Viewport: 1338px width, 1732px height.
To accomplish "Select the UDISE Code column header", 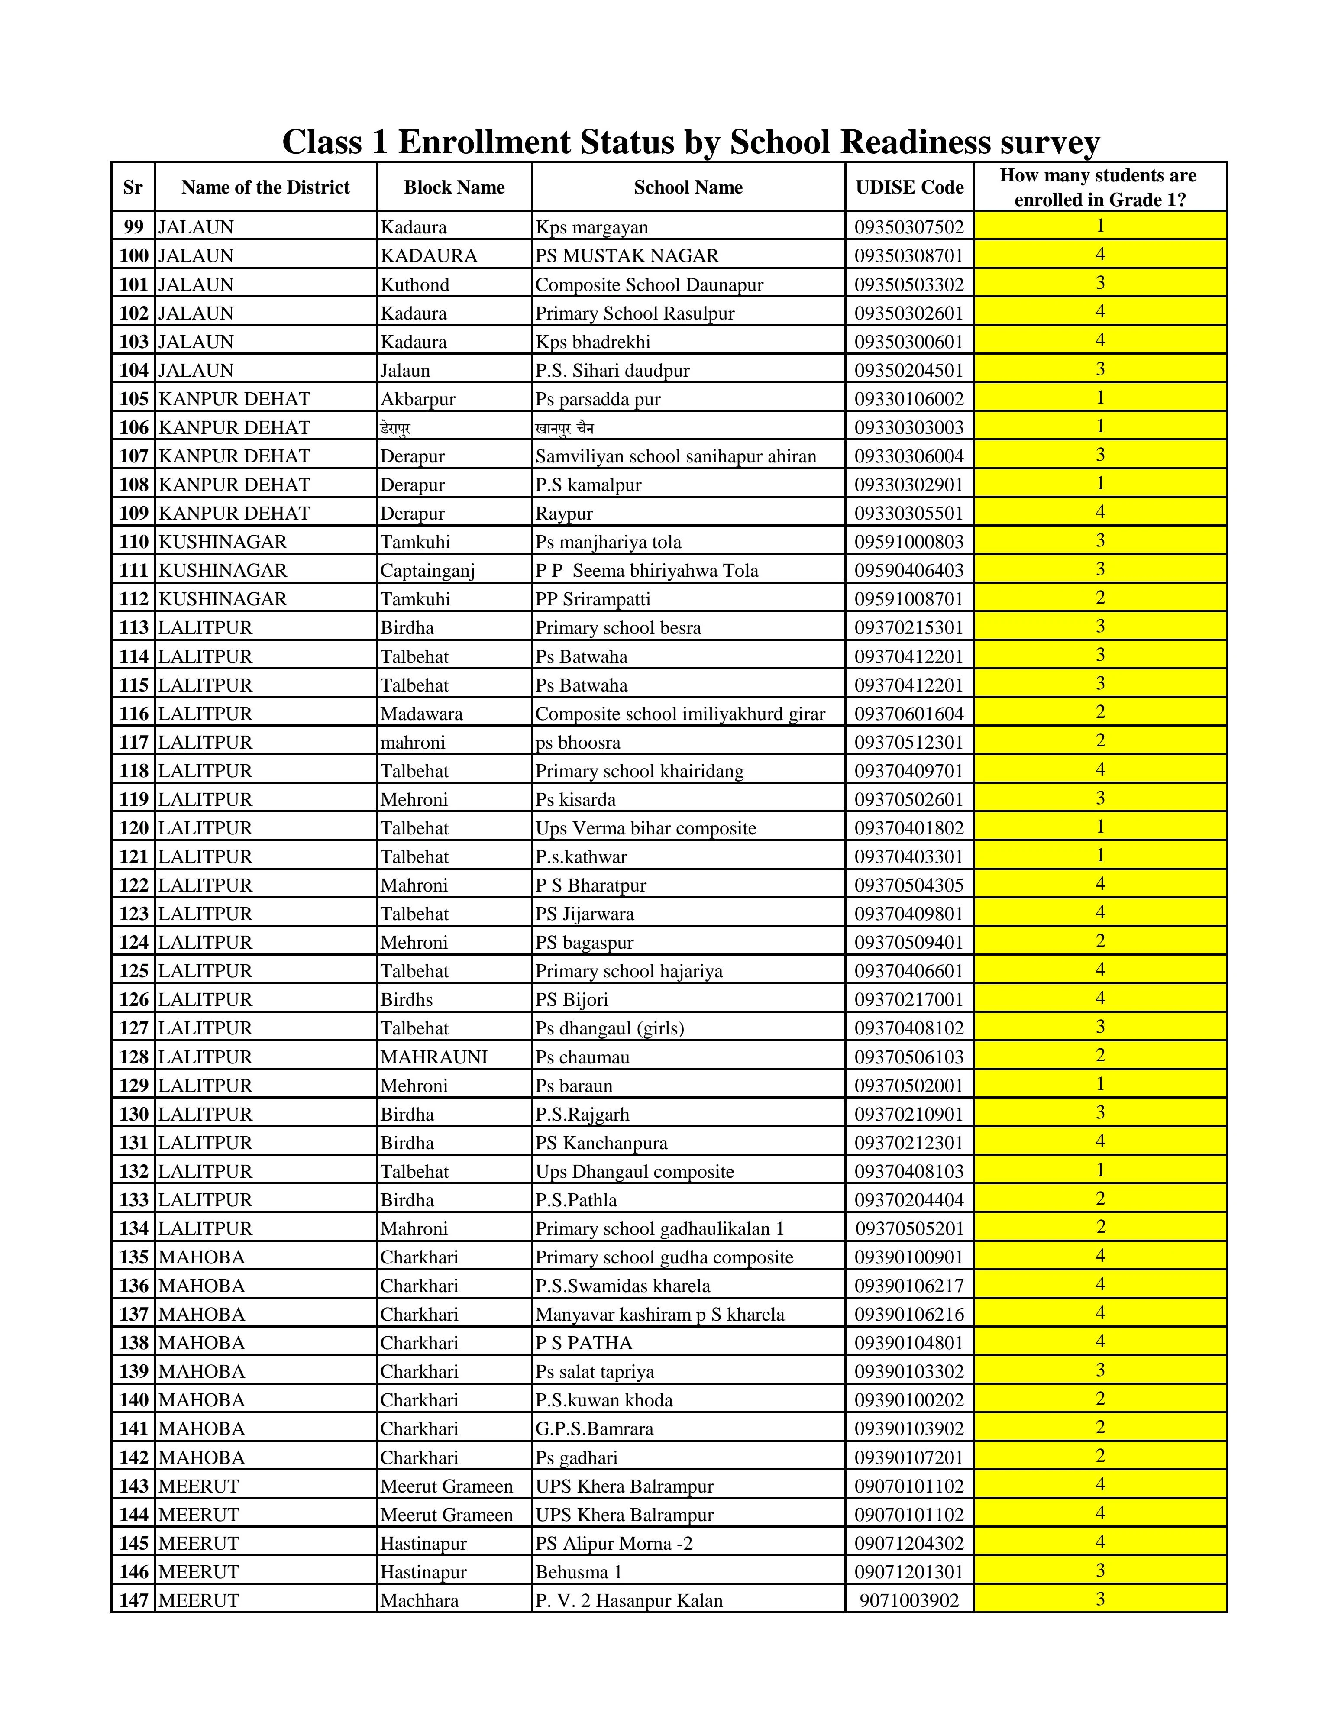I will pos(909,187).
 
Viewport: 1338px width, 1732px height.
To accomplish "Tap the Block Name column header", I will pos(454,187).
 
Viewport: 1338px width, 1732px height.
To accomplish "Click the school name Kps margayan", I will pos(591,228).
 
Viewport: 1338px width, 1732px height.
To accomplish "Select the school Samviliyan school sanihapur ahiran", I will pos(675,457).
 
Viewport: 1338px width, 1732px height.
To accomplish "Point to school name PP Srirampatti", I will pos(592,600).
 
